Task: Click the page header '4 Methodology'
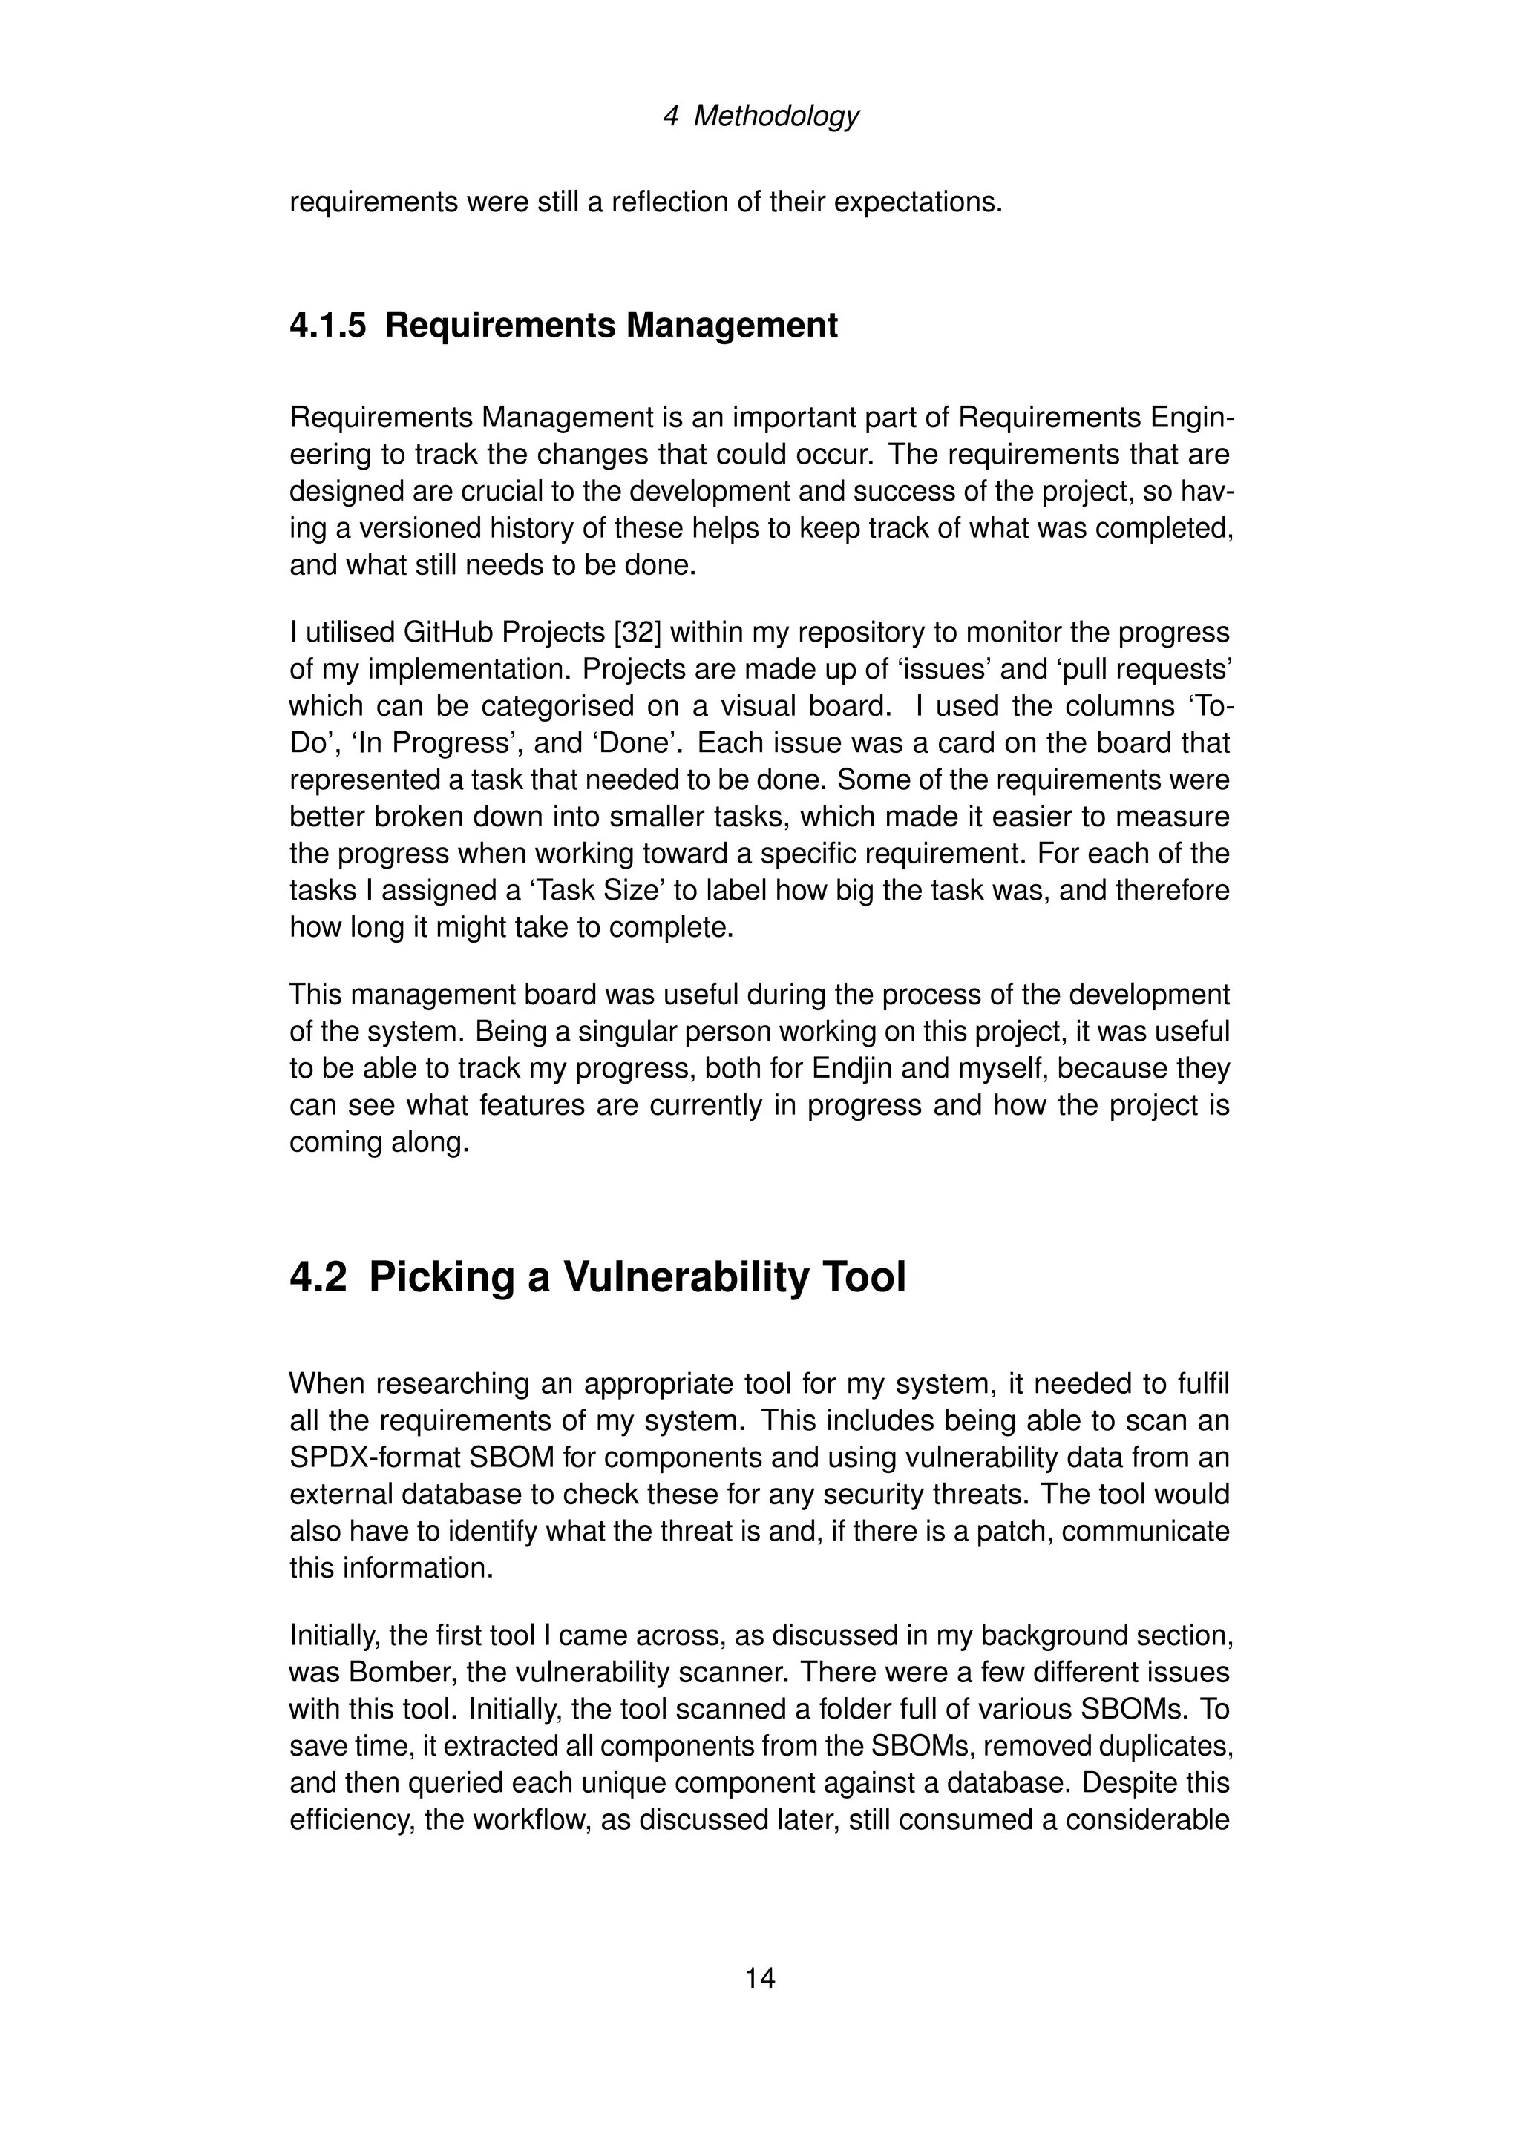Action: (759, 116)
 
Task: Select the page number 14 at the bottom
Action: (759, 1977)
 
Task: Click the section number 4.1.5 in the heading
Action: (327, 326)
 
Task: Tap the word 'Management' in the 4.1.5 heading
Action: (732, 326)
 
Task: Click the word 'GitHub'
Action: (448, 633)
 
